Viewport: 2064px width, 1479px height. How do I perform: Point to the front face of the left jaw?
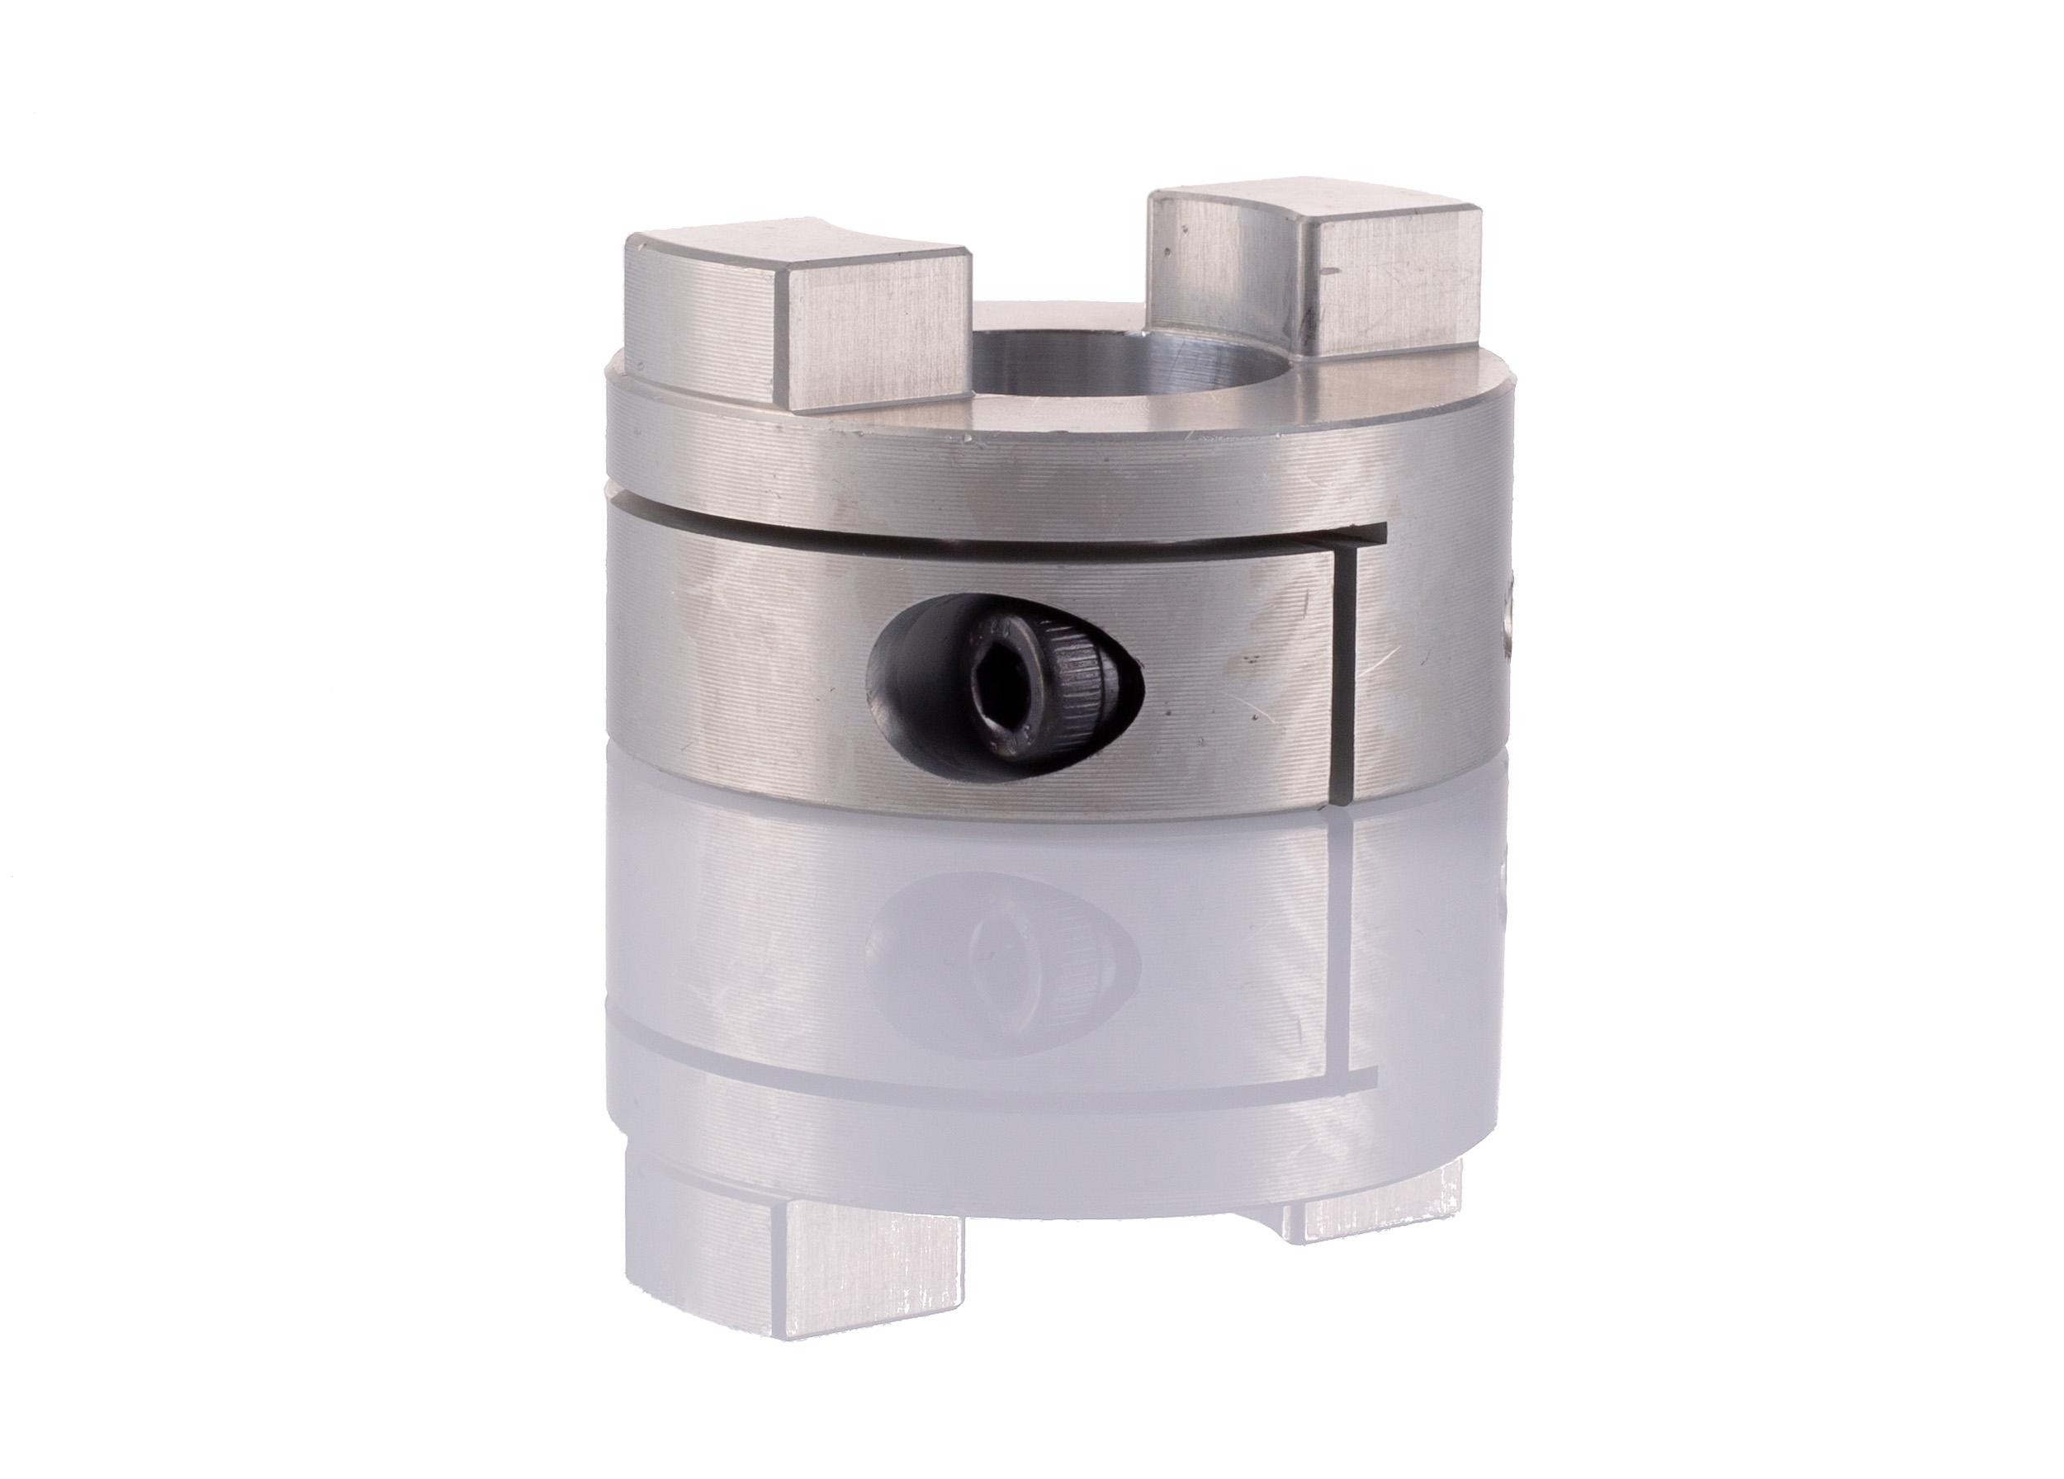(x=873, y=355)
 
